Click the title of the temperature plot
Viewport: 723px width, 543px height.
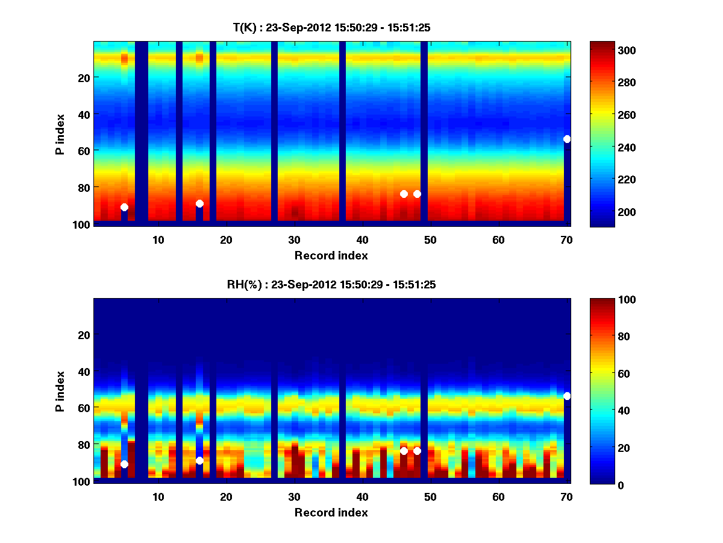pyautogui.click(x=331, y=27)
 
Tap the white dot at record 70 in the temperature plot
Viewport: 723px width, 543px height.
pyautogui.click(x=567, y=139)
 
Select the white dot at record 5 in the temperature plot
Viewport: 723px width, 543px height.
pyautogui.click(x=124, y=207)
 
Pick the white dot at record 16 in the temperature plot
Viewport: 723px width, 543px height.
pyautogui.click(x=199, y=203)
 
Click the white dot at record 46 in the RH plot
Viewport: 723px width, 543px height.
pyautogui.click(x=404, y=451)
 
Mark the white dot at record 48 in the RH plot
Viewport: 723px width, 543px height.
pyautogui.click(x=417, y=451)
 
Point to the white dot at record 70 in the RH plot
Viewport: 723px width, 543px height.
pyautogui.click(x=567, y=396)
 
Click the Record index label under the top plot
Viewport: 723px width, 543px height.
pyautogui.click(x=331, y=256)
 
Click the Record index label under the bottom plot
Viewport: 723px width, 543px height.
pyautogui.click(x=331, y=513)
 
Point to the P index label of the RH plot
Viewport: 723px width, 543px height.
pyautogui.click(x=60, y=391)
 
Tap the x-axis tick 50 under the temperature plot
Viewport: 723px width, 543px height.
pyautogui.click(x=430, y=240)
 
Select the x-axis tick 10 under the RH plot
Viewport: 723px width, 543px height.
pyautogui.click(x=158, y=497)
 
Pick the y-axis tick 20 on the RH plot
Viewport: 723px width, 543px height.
pyautogui.click(x=84, y=335)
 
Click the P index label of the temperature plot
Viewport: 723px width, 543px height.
pyautogui.click(x=60, y=134)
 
